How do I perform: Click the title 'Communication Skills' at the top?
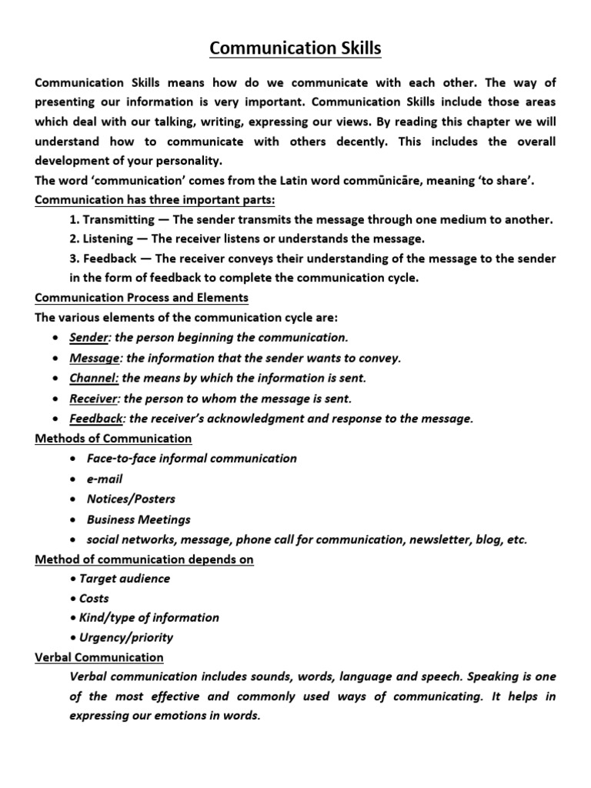point(295,49)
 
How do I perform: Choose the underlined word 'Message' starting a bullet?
point(95,358)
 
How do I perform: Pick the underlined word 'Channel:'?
point(94,378)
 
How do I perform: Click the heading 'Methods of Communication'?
point(113,439)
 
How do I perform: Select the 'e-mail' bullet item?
point(105,479)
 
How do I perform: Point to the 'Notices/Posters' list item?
point(131,499)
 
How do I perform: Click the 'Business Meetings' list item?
point(139,519)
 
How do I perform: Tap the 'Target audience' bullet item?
point(124,579)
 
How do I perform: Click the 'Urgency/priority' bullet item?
point(126,637)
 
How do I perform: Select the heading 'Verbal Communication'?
point(99,657)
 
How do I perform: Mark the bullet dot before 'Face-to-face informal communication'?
point(72,459)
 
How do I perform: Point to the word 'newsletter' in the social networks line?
point(432,539)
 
